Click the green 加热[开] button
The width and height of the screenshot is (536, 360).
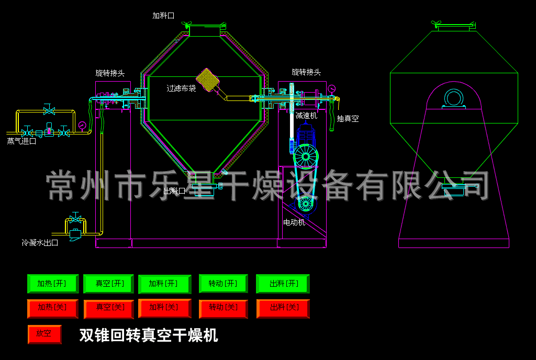click(52, 284)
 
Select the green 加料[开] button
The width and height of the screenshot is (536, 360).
click(164, 284)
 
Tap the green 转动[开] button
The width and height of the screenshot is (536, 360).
click(223, 284)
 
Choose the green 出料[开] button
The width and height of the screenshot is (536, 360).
click(283, 284)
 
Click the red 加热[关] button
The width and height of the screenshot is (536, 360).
click(52, 308)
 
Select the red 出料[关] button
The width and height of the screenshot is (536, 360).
click(283, 308)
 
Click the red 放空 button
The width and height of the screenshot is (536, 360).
click(44, 334)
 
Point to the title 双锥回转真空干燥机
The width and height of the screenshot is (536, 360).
click(149, 335)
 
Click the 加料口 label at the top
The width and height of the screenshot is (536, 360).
click(163, 16)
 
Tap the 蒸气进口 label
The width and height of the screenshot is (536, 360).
click(21, 141)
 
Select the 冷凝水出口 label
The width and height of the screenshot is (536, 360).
click(40, 243)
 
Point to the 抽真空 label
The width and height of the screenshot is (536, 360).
click(348, 119)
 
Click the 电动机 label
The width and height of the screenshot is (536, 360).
click(294, 222)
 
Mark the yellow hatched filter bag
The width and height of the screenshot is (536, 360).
click(207, 80)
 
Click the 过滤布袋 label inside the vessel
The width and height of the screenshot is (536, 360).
click(181, 88)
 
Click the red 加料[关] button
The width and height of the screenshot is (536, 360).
click(164, 308)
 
